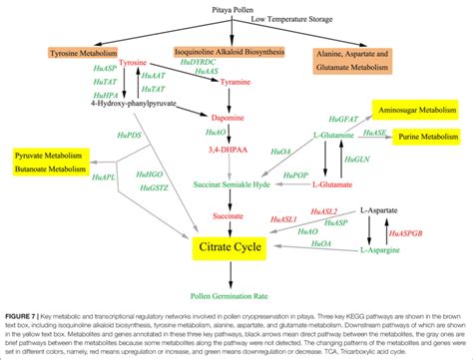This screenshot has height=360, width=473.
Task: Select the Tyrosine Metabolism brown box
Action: pos(83,52)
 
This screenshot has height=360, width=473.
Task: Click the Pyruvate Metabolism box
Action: pos(49,157)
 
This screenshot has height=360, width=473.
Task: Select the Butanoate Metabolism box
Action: pos(49,170)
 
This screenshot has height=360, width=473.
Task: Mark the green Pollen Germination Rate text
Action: pos(236,295)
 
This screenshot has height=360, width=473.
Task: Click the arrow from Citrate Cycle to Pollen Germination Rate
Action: pos(236,272)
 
